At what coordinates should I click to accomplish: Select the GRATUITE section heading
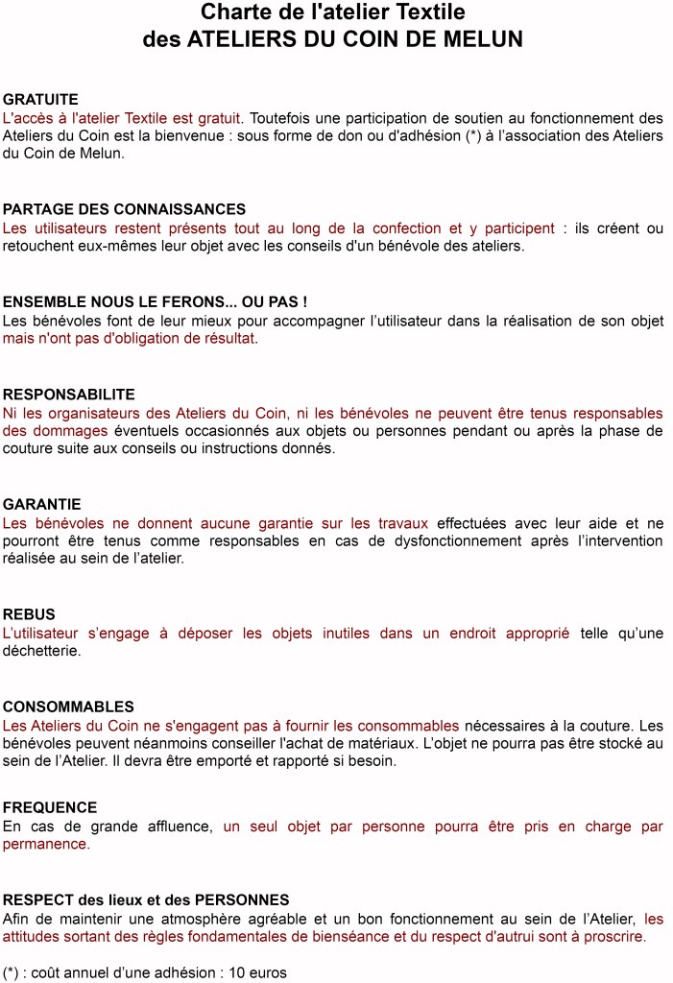40,99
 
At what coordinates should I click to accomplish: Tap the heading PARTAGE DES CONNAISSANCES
124,209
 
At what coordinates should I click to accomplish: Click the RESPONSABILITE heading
68,395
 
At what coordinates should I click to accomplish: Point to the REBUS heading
29,614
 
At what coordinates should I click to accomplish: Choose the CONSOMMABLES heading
68,707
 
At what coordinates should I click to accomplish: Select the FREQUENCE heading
50,807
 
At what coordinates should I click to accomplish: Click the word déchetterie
40,651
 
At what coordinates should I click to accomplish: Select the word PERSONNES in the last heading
242,899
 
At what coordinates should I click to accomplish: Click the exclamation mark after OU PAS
303,301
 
